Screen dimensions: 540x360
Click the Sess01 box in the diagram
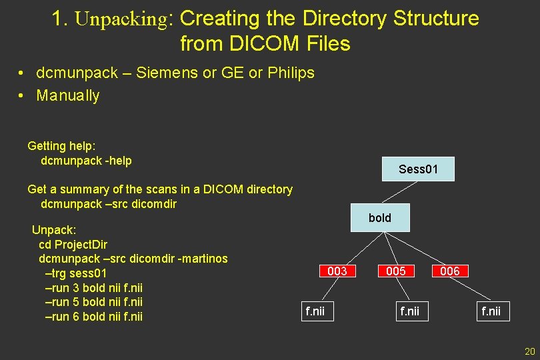(418, 169)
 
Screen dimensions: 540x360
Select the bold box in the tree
(379, 218)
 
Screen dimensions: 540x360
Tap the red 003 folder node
(337, 271)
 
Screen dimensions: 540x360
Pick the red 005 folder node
(396, 271)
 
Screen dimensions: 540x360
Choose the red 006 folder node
(450, 271)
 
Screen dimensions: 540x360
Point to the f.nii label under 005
(409, 311)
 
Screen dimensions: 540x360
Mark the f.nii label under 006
(491, 311)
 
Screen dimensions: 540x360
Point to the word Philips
(291, 73)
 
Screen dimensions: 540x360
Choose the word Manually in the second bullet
(68, 96)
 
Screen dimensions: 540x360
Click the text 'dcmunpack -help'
(86, 161)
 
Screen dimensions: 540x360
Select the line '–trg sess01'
(75, 273)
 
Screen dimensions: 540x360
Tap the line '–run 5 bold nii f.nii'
(93, 302)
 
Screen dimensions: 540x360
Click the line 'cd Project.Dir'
(73, 244)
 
